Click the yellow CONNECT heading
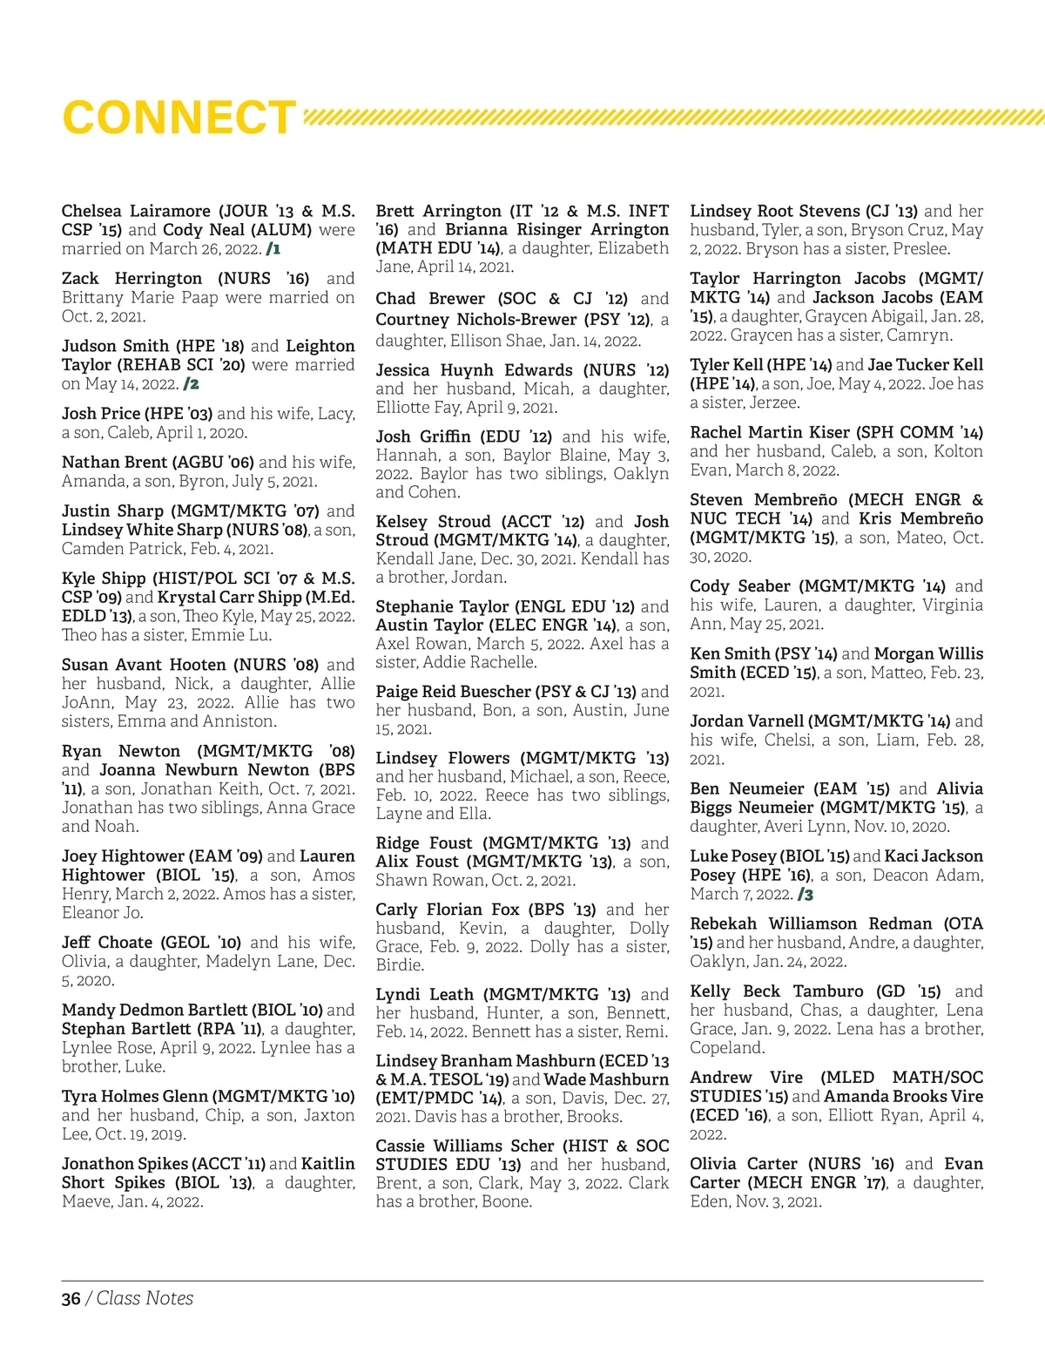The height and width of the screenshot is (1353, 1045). tap(179, 118)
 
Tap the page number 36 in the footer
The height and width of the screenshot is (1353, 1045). tap(71, 1298)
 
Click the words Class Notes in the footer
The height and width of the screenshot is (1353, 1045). tap(145, 1298)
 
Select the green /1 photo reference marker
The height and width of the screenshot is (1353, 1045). tap(273, 249)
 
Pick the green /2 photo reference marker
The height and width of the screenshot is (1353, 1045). tap(192, 384)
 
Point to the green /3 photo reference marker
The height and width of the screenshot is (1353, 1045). tap(806, 895)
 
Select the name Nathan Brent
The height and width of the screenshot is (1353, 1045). tap(114, 462)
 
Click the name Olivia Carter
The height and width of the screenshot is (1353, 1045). tap(743, 1164)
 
